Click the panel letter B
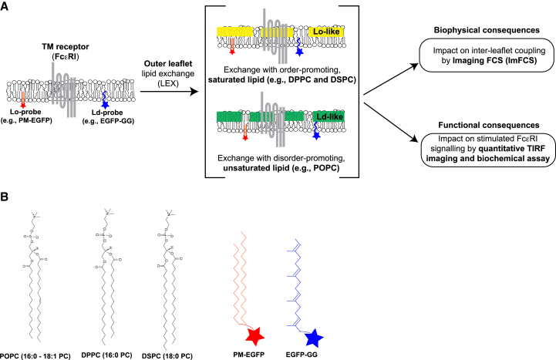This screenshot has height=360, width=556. tap(5, 198)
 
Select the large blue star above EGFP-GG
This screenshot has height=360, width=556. tap(312, 337)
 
